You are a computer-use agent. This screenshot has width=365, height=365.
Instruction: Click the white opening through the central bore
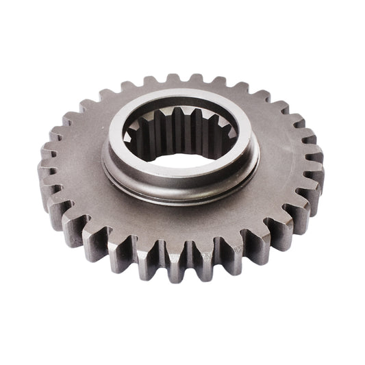coord(179,160)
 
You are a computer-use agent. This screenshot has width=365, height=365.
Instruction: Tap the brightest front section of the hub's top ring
coord(179,179)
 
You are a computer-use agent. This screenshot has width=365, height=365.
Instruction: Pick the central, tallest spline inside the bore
coord(179,130)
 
